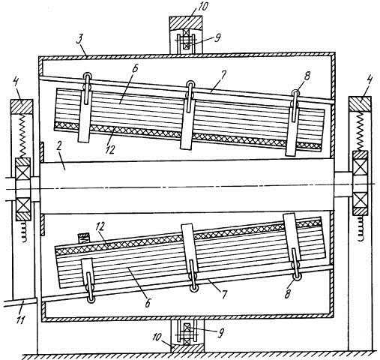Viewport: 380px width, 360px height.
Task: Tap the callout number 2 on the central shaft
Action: click(59, 147)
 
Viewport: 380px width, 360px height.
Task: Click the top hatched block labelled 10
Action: click(186, 22)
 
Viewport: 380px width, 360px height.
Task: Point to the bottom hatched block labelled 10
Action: click(187, 348)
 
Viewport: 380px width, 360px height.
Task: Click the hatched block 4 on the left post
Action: click(22, 106)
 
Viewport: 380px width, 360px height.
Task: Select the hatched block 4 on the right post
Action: click(360, 104)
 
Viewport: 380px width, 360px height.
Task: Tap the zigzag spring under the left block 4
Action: click(24, 136)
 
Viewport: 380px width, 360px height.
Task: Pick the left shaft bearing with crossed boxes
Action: click(23, 189)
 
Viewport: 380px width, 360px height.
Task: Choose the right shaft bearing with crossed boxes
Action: click(361, 183)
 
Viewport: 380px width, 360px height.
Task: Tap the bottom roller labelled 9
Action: click(187, 331)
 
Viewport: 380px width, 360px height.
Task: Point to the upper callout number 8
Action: click(307, 76)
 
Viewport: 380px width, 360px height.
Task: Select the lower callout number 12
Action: click(100, 226)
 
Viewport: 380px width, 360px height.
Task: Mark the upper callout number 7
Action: click(223, 76)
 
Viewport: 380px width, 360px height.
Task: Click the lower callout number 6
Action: click(148, 303)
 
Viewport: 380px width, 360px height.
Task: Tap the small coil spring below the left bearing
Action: click(23, 231)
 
